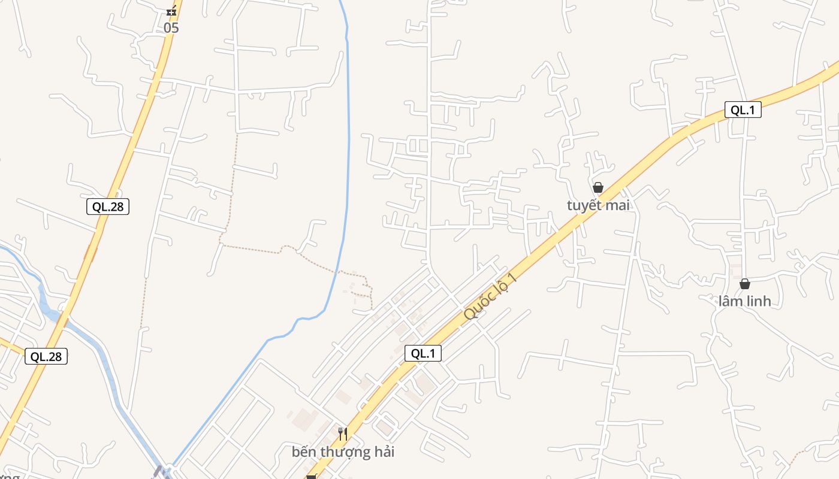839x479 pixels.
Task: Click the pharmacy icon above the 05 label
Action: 171,11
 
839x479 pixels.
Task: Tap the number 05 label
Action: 171,28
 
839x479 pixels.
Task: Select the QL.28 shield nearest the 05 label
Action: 108,207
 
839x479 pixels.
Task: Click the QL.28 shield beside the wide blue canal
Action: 46,356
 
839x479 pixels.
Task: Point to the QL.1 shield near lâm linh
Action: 743,110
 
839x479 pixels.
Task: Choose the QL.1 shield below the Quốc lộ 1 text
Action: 423,353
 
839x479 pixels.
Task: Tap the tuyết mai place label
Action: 598,205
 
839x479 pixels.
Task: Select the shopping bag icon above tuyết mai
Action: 597,187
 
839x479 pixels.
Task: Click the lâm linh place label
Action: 744,301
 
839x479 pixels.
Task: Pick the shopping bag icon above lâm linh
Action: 744,284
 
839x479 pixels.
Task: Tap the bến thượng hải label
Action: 343,451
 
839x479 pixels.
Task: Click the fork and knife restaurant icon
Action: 343,433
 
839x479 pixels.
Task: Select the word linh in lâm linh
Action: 759,301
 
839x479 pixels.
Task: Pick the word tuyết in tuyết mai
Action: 584,205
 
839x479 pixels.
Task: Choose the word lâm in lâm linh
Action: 731,301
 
